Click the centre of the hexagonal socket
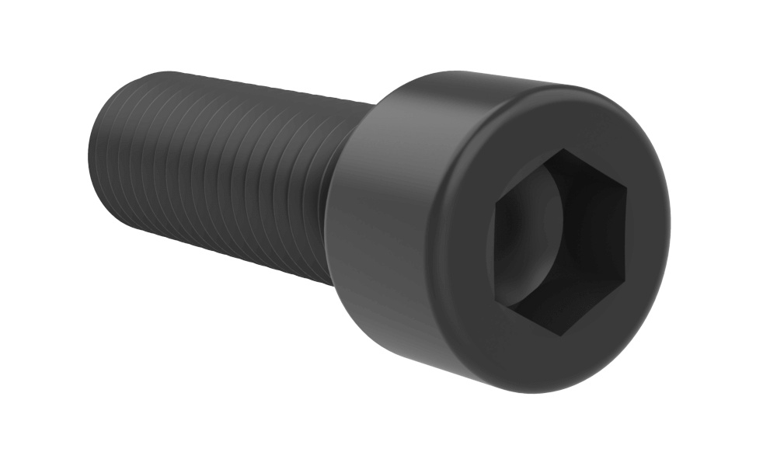click(x=558, y=242)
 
